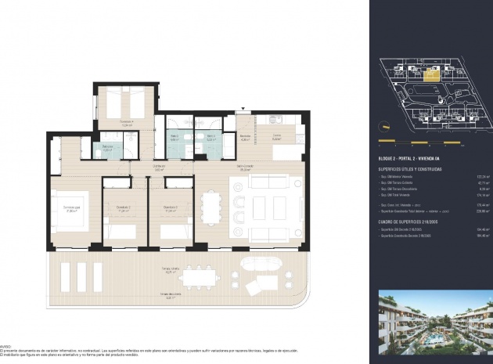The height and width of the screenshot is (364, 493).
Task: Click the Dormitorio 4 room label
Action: coord(127,122)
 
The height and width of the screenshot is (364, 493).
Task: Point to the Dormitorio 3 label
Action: coord(170,210)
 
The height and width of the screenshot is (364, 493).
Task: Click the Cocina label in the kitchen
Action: coord(276,135)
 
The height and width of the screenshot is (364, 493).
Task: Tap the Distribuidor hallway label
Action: coord(159,167)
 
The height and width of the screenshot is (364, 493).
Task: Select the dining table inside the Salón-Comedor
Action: coord(211,208)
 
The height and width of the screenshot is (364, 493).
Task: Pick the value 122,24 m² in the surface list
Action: coord(474,176)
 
